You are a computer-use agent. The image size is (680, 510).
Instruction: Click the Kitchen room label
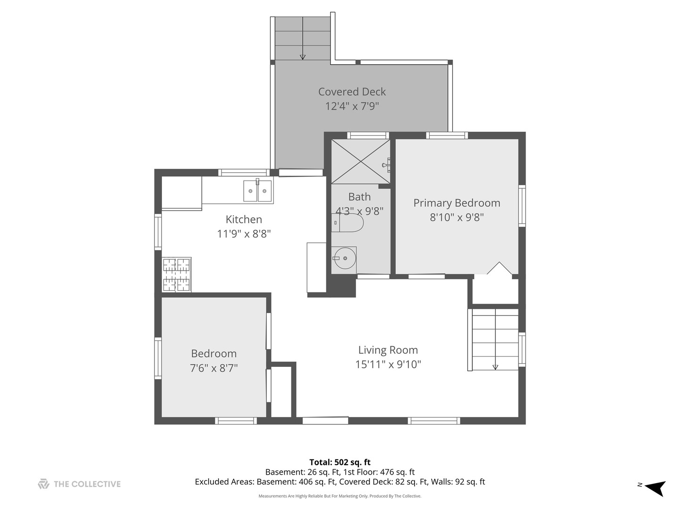pos(244,219)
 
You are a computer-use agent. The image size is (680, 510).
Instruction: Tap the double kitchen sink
pos(257,191)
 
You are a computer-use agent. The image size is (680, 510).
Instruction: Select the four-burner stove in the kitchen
pos(176,275)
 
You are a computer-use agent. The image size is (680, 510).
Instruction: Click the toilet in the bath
pos(347,222)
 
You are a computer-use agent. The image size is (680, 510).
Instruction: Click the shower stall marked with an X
pos(361,161)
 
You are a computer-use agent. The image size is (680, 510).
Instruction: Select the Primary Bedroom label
pos(457,203)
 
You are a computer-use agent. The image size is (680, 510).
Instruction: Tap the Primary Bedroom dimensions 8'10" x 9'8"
pos(457,217)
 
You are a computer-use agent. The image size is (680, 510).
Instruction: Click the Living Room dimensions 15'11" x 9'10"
pos(388,364)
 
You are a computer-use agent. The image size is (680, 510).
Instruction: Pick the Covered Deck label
pos(352,92)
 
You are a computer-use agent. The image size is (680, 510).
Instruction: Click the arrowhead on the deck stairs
pos(303,57)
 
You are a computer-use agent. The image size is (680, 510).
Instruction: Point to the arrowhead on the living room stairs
pos(495,367)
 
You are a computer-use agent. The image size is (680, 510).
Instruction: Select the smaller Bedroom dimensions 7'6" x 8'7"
pos(214,368)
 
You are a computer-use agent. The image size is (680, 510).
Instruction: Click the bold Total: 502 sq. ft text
pos(340,462)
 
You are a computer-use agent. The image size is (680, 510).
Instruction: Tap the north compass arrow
pos(655,489)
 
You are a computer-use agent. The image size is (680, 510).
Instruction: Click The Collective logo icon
pos(43,484)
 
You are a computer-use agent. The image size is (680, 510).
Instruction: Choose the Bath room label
pos(359,196)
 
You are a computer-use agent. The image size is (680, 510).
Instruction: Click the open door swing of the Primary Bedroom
pos(500,268)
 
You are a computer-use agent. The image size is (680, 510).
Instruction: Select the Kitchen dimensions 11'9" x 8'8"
pos(244,234)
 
